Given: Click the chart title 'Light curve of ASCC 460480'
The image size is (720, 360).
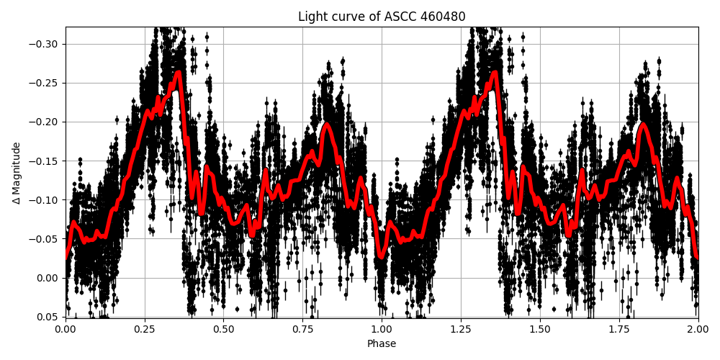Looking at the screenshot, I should click(x=382, y=17).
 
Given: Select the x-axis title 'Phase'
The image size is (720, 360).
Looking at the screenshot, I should click(x=382, y=344).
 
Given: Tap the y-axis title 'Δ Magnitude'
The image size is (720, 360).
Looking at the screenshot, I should click(x=16, y=173).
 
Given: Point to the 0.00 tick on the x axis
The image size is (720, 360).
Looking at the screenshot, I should click(x=66, y=329).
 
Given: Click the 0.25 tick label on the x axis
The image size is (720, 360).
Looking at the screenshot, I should click(x=145, y=329).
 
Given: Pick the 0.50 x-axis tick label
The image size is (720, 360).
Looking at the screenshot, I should click(x=224, y=329).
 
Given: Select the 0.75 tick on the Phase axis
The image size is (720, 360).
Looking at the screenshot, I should click(x=302, y=329).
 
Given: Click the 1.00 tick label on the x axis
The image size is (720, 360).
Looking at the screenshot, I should click(x=382, y=329).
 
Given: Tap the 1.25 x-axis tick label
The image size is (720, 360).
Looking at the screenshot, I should click(x=461, y=329).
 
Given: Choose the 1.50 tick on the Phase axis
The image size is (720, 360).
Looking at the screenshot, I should click(x=540, y=329).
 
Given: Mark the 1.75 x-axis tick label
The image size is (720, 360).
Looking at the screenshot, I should click(x=619, y=329).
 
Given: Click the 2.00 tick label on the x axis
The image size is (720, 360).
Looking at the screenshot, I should click(x=698, y=329).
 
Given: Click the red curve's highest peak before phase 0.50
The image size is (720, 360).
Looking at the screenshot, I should click(x=178, y=73).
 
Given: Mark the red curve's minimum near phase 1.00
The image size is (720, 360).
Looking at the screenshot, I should click(x=382, y=256).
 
